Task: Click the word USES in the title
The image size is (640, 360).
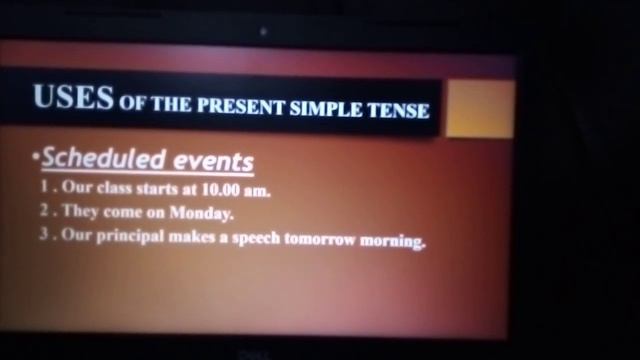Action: tap(73, 97)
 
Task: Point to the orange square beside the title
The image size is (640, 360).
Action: tap(479, 109)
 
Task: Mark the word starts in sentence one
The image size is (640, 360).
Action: tap(159, 189)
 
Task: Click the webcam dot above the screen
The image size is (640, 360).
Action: tap(263, 32)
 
